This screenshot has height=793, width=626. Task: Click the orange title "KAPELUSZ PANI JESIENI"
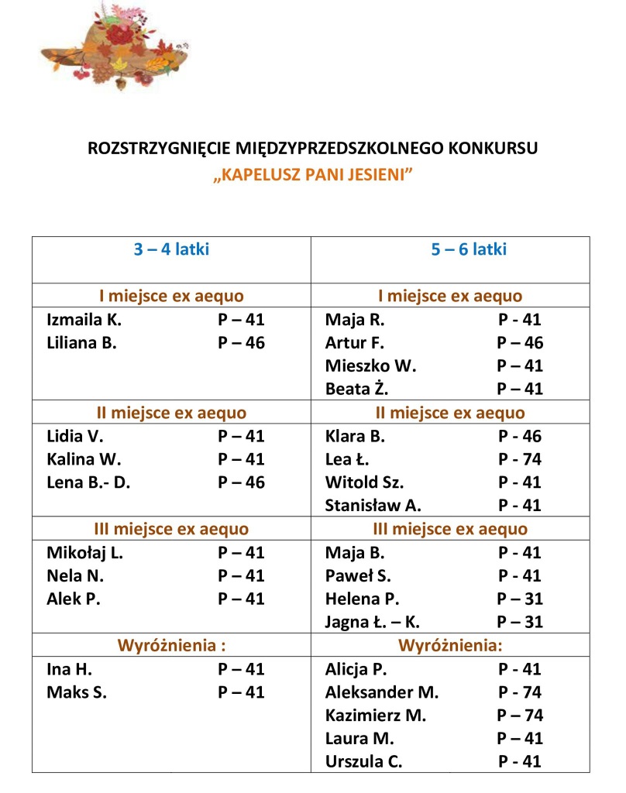point(311,176)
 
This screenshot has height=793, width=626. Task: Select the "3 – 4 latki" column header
point(171,249)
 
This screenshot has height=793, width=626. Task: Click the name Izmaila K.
point(84,319)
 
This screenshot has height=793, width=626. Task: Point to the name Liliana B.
point(82,342)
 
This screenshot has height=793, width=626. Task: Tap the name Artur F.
point(355,342)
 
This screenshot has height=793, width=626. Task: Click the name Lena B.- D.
point(89,482)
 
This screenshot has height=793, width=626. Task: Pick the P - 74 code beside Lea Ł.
point(520,459)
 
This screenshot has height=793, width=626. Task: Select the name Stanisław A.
point(373,506)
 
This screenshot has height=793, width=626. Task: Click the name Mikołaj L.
point(85,553)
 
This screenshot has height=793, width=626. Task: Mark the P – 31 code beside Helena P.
point(520,599)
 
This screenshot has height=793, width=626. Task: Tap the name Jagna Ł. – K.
point(373,622)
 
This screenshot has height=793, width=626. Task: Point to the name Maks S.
point(77,692)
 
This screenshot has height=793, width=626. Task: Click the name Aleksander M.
point(382,692)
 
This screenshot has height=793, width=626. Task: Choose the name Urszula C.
point(364,761)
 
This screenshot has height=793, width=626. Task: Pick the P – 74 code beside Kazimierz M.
point(520,716)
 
